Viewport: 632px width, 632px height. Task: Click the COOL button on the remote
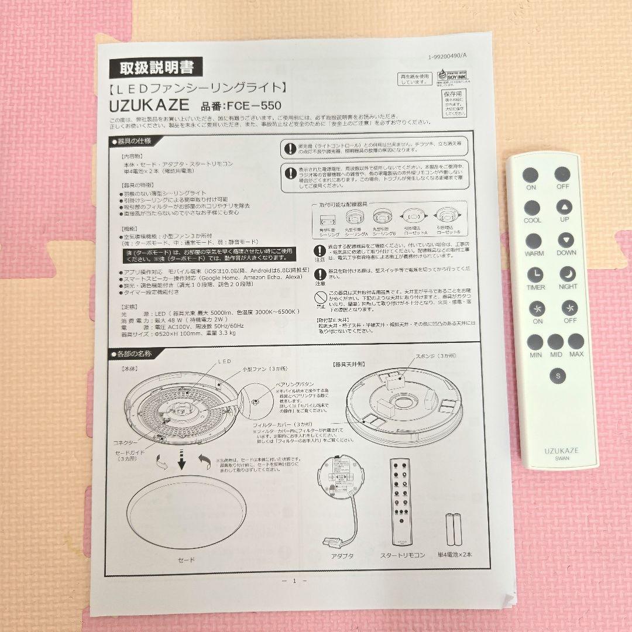[x=532, y=208]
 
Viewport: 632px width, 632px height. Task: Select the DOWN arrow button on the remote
[x=565, y=241]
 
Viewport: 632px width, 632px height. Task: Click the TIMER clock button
[x=534, y=274]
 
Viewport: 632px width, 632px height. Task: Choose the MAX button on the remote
[x=576, y=342]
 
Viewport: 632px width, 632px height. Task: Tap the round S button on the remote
[x=558, y=376]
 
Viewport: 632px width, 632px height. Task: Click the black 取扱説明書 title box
[x=156, y=67]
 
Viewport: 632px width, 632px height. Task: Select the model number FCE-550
[x=241, y=106]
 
